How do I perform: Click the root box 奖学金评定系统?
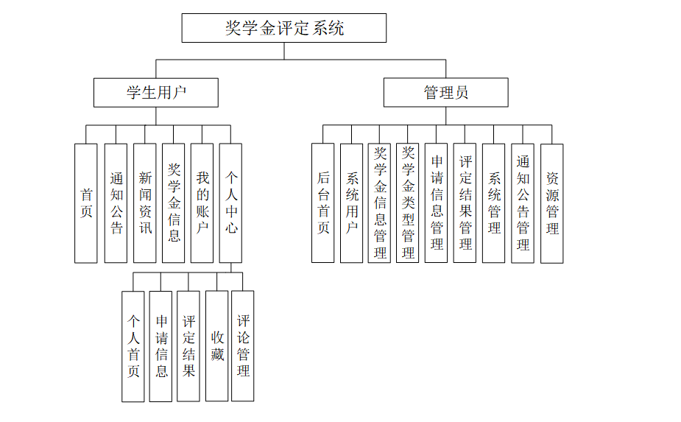[283, 28]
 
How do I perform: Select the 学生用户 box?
[156, 93]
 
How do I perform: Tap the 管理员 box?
[445, 93]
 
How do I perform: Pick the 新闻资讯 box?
[145, 203]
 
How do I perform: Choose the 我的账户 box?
[202, 203]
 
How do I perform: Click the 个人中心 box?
[231, 203]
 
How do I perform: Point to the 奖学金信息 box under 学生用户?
[174, 203]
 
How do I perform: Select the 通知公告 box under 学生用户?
[116, 203]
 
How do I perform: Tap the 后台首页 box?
[323, 203]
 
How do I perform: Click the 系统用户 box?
[352, 203]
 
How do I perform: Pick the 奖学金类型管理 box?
[408, 203]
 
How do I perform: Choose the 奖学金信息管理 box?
[380, 203]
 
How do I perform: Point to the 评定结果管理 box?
[465, 203]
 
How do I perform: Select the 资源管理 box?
[552, 203]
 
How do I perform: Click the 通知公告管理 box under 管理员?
[523, 203]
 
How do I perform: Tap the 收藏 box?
[217, 346]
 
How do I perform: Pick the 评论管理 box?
[243, 346]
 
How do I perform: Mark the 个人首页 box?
[133, 346]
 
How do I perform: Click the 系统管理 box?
[494, 203]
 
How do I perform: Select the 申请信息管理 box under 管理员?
[437, 203]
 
